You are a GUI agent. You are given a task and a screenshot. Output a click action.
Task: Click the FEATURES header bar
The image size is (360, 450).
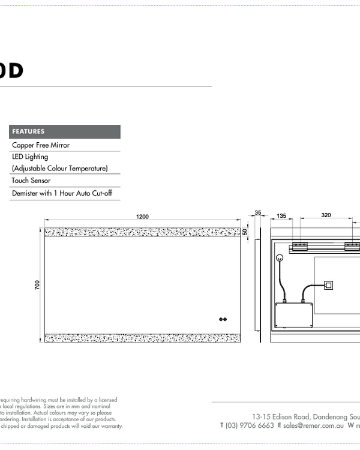(x=65, y=131)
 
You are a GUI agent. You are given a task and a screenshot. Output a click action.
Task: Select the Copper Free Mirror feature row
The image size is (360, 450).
(x=41, y=145)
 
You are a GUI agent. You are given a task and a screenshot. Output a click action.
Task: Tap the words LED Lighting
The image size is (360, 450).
(x=30, y=157)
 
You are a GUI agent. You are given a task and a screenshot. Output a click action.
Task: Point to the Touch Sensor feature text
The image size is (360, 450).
(x=31, y=181)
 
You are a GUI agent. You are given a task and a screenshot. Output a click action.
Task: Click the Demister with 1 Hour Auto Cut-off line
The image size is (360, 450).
(x=62, y=194)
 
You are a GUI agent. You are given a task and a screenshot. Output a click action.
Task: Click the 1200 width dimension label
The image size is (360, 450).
(x=142, y=217)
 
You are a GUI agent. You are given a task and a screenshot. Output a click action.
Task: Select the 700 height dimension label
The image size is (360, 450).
(x=37, y=285)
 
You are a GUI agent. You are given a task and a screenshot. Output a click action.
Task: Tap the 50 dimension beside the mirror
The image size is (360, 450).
(x=245, y=232)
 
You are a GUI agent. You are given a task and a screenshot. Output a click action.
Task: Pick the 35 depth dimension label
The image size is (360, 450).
(x=258, y=213)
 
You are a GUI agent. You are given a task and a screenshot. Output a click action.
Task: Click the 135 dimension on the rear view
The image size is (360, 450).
(x=281, y=215)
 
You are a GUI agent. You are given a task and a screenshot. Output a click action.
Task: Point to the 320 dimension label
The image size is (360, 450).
(x=326, y=215)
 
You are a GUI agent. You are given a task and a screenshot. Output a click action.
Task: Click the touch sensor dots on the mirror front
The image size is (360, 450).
(x=224, y=319)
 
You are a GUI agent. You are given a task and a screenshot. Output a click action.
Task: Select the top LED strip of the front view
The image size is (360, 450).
(x=143, y=232)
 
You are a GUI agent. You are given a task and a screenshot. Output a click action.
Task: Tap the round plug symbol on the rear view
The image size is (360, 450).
(x=279, y=257)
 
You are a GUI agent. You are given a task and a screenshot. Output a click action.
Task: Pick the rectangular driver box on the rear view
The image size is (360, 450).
(x=294, y=315)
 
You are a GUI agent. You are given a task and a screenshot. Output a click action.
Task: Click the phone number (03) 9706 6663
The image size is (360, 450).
(x=250, y=425)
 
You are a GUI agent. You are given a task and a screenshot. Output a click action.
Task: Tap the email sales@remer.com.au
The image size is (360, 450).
(x=314, y=425)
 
